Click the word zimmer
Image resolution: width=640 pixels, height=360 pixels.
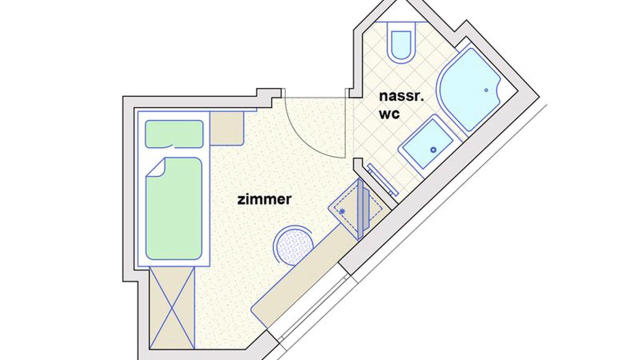tap(264, 199)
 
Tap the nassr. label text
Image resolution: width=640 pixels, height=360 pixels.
tap(401, 96)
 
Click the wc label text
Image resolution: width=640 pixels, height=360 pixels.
tap(389, 114)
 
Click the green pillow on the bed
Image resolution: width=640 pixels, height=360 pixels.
tap(174, 134)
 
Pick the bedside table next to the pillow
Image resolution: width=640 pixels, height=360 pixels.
tap(227, 128)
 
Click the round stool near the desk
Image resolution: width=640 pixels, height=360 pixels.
tap(293, 245)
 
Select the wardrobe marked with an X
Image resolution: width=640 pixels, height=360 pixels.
tap(172, 308)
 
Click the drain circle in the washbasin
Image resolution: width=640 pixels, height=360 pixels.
tap(433, 149)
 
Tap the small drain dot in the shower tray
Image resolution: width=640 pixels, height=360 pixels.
tap(486, 90)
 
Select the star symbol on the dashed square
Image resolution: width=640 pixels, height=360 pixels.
tap(342, 211)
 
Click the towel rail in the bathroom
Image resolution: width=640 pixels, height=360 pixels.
tap(383, 179)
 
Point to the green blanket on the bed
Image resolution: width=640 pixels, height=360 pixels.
tap(174, 208)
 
